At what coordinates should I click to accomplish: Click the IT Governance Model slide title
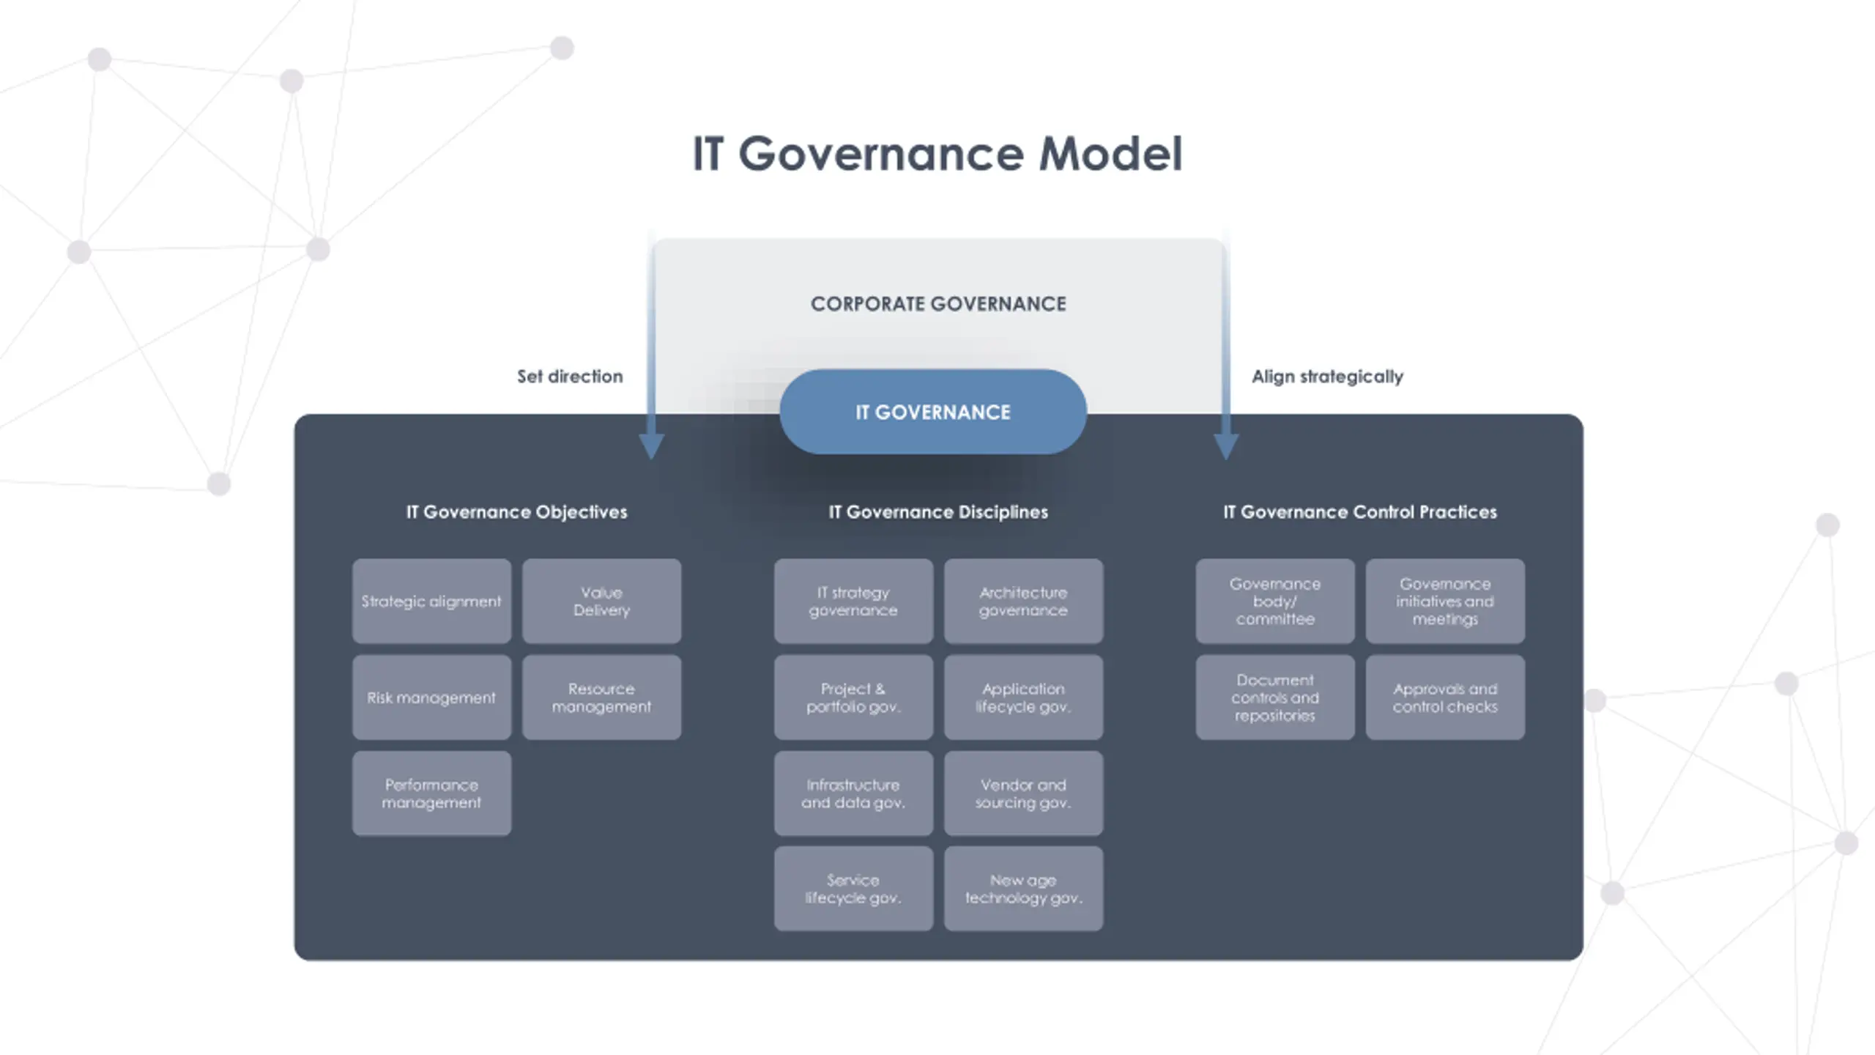pos(937,154)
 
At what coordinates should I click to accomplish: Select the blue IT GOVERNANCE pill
pos(932,412)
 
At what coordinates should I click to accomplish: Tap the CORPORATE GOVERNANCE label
pos(938,304)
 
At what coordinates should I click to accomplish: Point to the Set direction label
pos(570,377)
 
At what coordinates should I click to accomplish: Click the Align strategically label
pos(1327,377)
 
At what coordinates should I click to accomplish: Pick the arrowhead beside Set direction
pos(651,445)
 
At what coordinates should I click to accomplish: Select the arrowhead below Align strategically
pos(1226,445)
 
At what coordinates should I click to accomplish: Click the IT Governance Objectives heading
pos(516,512)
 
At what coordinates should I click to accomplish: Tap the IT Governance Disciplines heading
pos(938,512)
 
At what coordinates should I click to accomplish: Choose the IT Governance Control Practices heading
pos(1360,512)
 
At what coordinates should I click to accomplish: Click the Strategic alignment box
pos(431,601)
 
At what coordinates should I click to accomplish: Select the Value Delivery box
pos(601,601)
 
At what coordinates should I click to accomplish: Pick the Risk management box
pos(431,697)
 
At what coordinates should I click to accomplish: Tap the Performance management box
pos(431,793)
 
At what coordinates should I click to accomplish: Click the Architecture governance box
pos(1023,601)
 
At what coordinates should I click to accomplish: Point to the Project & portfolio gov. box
pos(853,697)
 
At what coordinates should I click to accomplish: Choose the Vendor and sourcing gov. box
pos(1023,793)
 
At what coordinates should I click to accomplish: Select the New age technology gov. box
pos(1023,889)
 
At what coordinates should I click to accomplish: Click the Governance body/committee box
pos(1275,601)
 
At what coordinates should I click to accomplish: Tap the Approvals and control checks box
pos(1445,697)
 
